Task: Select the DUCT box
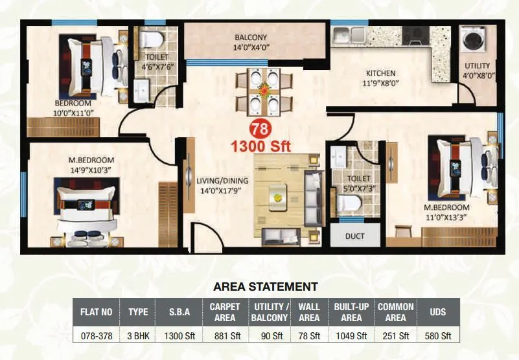point(354,236)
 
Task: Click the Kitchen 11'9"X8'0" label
point(380,78)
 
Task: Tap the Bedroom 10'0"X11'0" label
point(73,108)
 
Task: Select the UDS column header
point(437,311)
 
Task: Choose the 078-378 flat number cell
point(97,335)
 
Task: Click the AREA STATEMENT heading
point(266,286)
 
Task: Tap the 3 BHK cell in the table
point(138,335)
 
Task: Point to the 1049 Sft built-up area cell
point(352,335)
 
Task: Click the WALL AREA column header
point(309,311)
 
